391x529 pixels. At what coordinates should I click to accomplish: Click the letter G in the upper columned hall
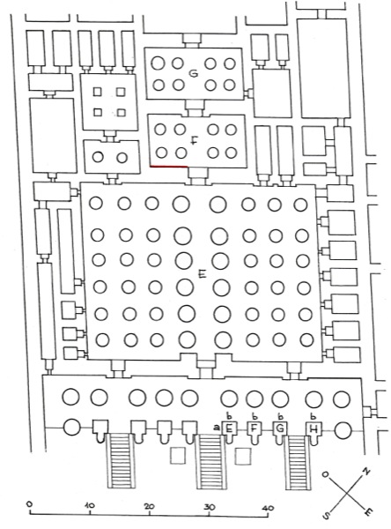193,73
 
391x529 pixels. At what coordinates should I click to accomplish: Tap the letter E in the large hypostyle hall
203,275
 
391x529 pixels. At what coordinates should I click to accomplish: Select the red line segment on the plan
169,167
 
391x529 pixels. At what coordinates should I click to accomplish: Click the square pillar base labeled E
230,429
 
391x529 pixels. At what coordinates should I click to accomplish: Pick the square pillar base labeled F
255,429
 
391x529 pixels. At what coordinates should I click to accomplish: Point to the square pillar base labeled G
280,429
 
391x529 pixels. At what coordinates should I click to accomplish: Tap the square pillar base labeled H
314,429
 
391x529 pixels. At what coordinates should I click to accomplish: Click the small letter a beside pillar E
217,428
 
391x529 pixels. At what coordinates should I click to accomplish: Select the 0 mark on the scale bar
29,503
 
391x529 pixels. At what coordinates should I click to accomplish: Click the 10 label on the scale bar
90,505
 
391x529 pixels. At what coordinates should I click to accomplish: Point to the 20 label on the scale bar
150,506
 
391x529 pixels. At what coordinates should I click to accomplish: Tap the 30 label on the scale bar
209,507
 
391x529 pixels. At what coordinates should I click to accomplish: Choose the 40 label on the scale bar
268,508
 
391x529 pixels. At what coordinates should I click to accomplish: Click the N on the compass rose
366,472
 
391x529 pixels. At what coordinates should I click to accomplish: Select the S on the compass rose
326,515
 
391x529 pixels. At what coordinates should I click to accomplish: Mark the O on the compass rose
325,474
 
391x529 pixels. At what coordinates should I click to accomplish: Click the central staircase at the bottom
210,461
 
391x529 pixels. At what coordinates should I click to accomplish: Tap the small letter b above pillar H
314,416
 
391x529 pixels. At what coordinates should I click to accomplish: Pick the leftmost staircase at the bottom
121,461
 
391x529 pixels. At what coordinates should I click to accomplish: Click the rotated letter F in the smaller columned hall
193,140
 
